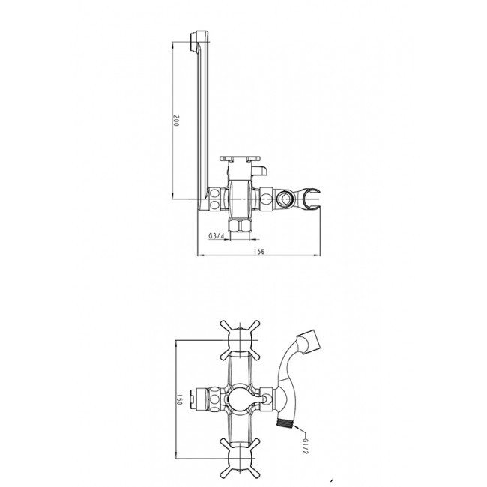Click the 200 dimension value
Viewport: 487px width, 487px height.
point(176,120)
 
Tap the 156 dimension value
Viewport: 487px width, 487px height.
point(259,251)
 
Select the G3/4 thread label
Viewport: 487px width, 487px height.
point(217,236)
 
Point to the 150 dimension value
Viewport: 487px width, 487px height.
point(179,399)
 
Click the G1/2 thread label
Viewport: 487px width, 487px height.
point(305,446)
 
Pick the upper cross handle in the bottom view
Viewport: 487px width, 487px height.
point(240,340)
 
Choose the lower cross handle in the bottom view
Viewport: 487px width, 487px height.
point(240,458)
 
